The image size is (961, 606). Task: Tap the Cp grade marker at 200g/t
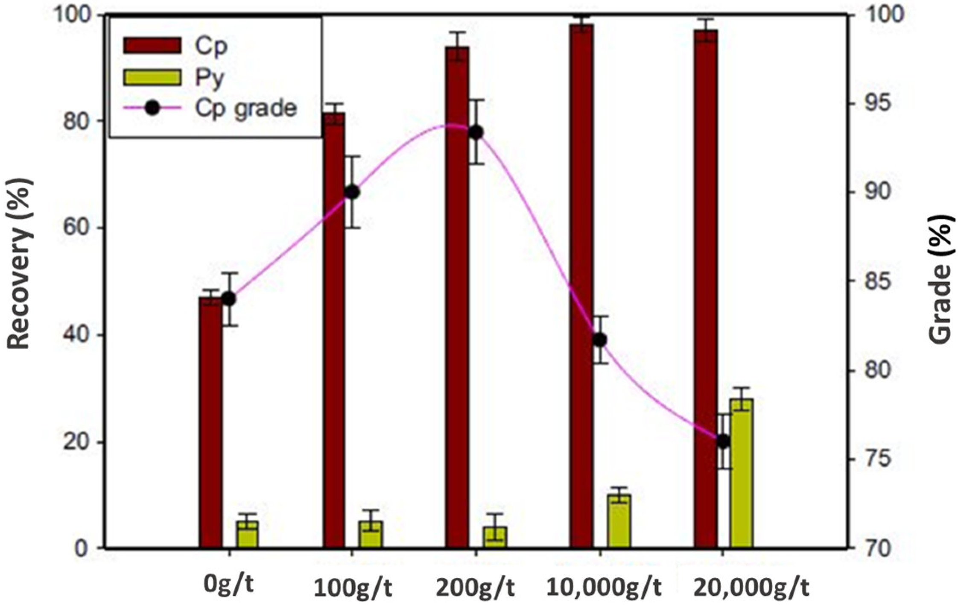(476, 132)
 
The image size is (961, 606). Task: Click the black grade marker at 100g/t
(352, 192)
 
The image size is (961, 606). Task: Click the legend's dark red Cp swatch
(152, 45)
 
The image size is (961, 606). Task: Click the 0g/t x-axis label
(229, 585)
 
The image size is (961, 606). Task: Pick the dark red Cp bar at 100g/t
(334, 330)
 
